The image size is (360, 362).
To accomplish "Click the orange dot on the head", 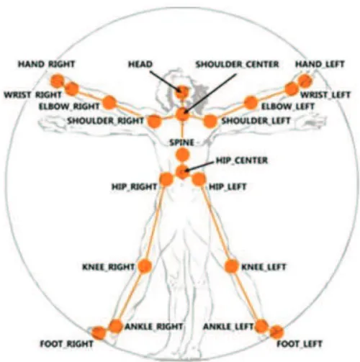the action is [x=182, y=92].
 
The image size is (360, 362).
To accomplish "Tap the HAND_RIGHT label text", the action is [x=47, y=64].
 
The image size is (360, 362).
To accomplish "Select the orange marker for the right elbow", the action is [x=109, y=102].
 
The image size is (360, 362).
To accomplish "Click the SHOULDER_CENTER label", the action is [x=237, y=64].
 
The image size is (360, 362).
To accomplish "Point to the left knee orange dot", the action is [x=231, y=266].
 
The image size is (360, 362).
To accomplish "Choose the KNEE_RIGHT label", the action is [x=109, y=267].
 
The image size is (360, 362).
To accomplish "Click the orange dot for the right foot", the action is [x=99, y=333].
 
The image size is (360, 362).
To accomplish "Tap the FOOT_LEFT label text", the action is [x=299, y=344].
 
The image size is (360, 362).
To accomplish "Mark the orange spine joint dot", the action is [x=182, y=155].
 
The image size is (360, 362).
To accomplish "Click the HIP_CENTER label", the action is [x=242, y=160].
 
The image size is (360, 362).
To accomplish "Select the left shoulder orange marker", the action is [x=210, y=121].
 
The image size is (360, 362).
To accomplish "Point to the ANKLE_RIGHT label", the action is [x=154, y=327].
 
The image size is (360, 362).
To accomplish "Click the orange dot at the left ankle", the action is [x=261, y=326].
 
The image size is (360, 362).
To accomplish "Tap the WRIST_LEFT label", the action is [x=325, y=95].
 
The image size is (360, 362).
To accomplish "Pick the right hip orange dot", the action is [x=166, y=179].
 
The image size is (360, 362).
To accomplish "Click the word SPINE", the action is [x=181, y=142].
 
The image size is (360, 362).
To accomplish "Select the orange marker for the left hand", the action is [x=305, y=81].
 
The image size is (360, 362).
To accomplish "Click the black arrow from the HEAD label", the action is [x=165, y=81].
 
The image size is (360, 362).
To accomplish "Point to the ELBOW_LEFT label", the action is [x=287, y=107].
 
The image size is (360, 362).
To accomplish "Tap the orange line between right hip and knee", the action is [x=155, y=223].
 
